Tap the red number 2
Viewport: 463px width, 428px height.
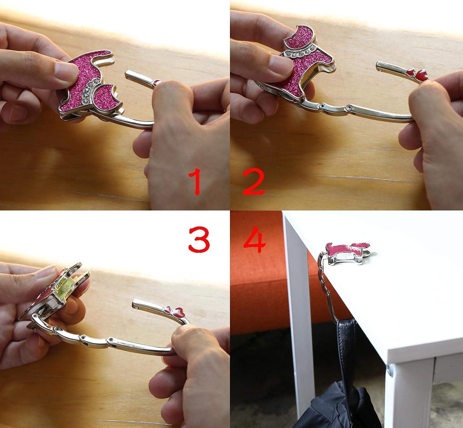[254, 181]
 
